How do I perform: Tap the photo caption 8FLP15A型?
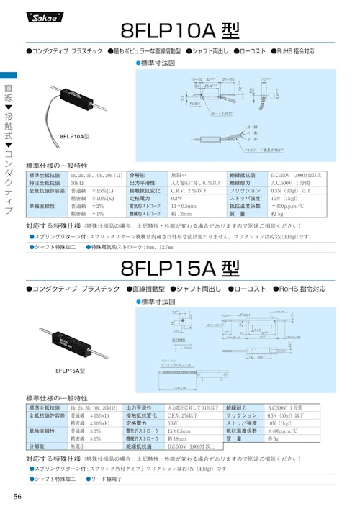pos(71,370)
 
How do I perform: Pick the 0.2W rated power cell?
pos(176,198)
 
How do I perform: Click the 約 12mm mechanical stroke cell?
pos(181,214)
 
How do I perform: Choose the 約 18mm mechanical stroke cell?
pos(177,438)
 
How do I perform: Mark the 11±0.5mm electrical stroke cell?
pos(184,206)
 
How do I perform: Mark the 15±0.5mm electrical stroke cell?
pos(180,431)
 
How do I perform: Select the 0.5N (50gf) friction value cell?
pos(287,415)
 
